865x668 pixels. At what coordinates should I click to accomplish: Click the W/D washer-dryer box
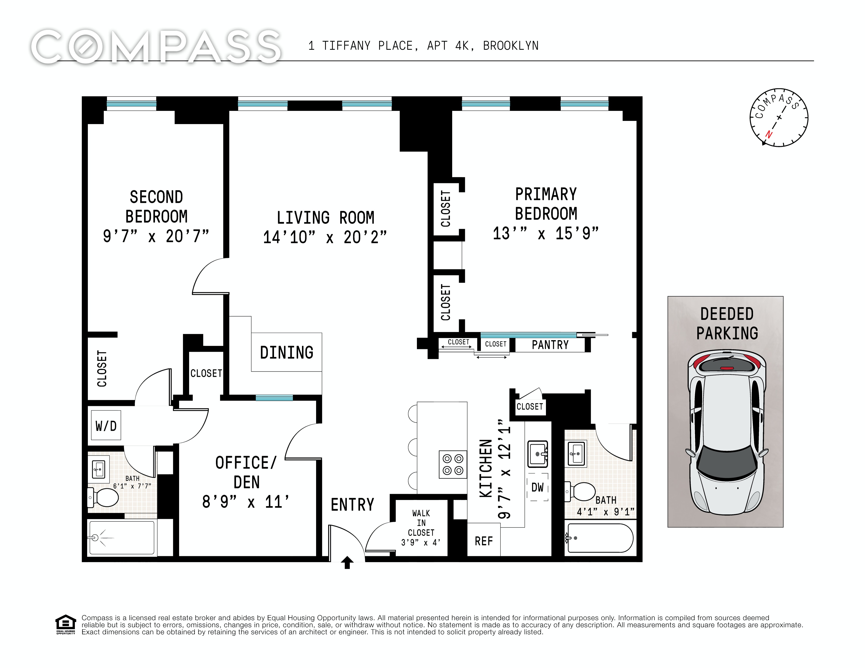coord(106,426)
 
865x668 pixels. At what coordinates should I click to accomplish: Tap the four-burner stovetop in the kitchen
coord(453,464)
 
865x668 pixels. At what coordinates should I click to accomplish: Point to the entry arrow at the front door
coord(347,562)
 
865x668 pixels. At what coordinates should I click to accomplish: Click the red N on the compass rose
coord(769,134)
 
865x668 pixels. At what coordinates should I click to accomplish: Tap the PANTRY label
coord(550,345)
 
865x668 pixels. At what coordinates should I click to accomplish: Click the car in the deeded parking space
coord(727,433)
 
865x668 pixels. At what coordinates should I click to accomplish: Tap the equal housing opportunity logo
coord(65,625)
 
